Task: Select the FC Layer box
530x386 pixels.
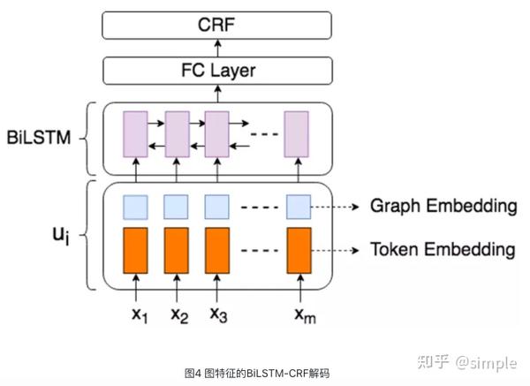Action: pyautogui.click(x=216, y=69)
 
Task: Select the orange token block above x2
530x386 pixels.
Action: pyautogui.click(x=177, y=249)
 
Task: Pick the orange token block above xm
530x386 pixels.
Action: pyautogui.click(x=299, y=249)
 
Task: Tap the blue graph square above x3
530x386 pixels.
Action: pyautogui.click(x=217, y=207)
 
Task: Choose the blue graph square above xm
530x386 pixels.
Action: pyautogui.click(x=299, y=207)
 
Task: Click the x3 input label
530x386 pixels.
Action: pyautogui.click(x=218, y=314)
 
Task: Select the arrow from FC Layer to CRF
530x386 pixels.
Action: pyautogui.click(x=216, y=46)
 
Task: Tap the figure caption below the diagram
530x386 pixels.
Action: pyautogui.click(x=256, y=373)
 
